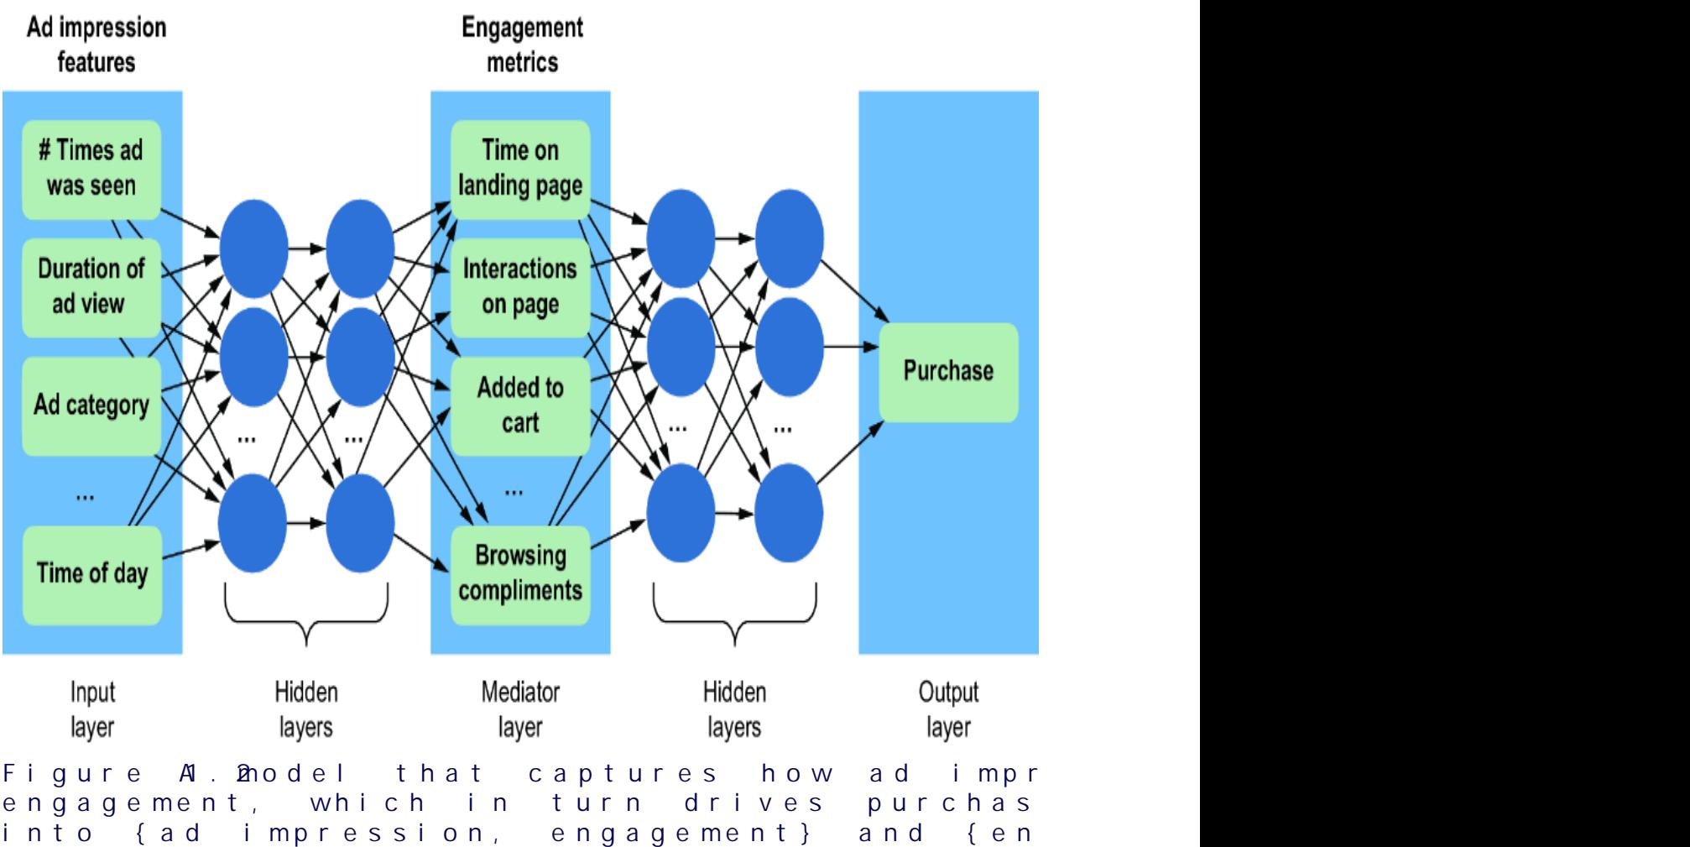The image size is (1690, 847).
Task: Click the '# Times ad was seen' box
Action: tap(91, 169)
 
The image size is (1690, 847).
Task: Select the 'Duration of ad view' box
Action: tap(91, 287)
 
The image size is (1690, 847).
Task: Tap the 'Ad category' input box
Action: tap(91, 405)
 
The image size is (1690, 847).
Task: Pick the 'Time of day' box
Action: tap(91, 574)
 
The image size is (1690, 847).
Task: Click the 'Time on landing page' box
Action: tap(520, 169)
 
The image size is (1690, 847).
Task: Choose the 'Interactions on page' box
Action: tap(520, 287)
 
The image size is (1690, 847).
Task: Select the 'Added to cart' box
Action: tap(520, 405)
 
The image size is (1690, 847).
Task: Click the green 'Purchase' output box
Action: tap(948, 372)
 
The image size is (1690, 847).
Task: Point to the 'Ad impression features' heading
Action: tap(96, 45)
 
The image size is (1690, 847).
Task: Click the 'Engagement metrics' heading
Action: tap(522, 45)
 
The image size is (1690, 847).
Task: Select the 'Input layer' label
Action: tap(91, 710)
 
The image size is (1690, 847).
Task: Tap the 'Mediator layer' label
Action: tap(520, 710)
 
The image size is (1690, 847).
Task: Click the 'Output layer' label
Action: tap(948, 710)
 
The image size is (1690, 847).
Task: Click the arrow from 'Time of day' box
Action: tap(190, 550)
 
